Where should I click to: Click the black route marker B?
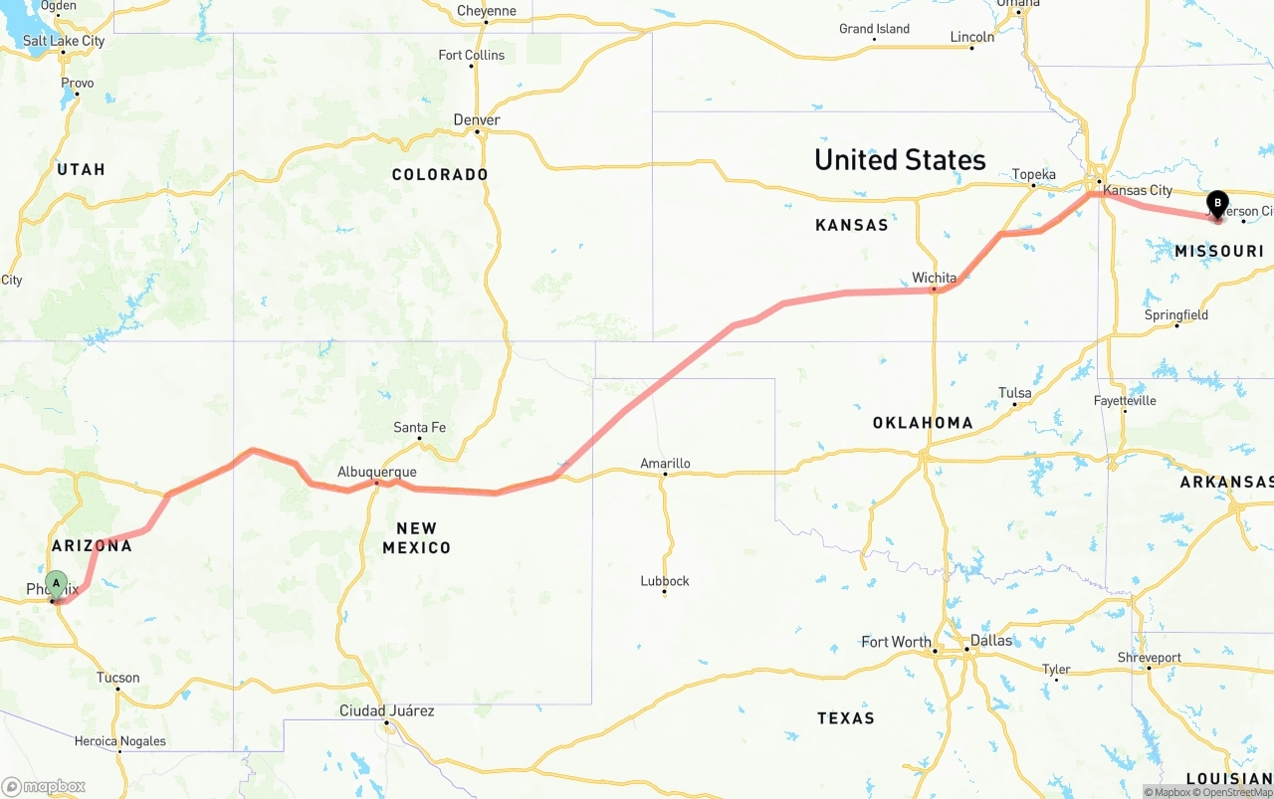pos(1216,203)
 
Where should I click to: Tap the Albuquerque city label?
pos(377,472)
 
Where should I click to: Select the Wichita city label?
pos(934,278)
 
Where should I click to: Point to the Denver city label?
pos(477,119)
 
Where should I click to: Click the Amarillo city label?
pos(665,463)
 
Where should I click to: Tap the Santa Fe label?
pos(419,427)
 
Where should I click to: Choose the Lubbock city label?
pos(665,580)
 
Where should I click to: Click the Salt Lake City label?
pos(64,41)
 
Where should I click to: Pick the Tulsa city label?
pos(1014,392)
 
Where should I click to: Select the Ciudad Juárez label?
pos(386,710)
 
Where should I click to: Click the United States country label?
pos(900,159)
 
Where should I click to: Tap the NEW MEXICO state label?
pos(416,537)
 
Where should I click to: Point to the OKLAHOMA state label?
pos(923,423)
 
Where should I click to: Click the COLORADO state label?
pos(440,174)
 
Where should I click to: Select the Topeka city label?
pos(1033,174)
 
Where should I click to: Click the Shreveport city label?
pos(1149,657)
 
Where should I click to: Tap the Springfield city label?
pos(1176,314)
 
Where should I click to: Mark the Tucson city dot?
pos(117,690)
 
